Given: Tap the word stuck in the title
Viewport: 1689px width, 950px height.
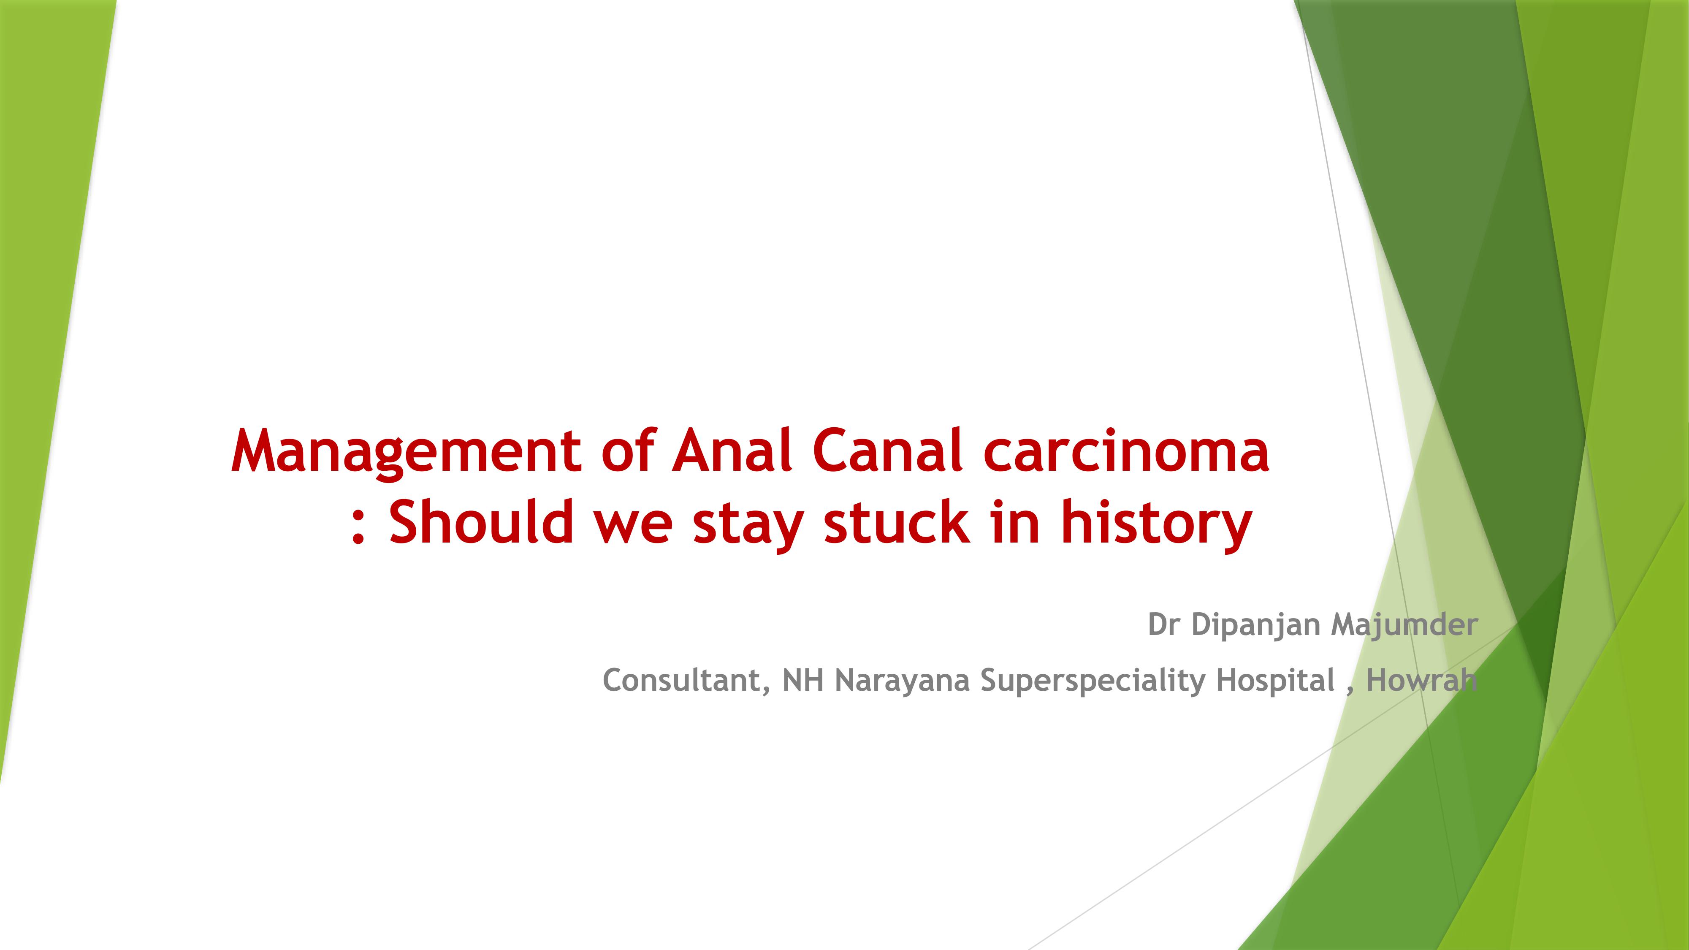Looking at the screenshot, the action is pos(896,521).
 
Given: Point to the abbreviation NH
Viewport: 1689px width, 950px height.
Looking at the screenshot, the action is pos(802,680).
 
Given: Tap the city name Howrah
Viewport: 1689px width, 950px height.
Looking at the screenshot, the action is pos(1421,680).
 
